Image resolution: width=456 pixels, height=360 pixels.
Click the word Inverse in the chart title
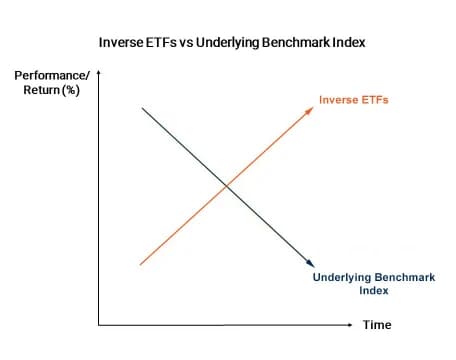click(x=121, y=45)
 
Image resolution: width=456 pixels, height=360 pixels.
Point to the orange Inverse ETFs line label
click(x=353, y=100)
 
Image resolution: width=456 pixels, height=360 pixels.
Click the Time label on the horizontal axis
click(x=377, y=325)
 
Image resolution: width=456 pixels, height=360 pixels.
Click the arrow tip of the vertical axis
click(x=99, y=72)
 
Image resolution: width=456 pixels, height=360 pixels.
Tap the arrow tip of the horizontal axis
click(x=351, y=325)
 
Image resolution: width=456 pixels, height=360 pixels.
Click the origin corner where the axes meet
click(x=99, y=325)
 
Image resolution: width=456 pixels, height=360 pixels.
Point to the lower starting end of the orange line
click(x=142, y=264)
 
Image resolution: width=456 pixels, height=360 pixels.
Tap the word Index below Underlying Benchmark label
click(x=372, y=291)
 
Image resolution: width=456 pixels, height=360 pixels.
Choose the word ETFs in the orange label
click(x=372, y=100)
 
